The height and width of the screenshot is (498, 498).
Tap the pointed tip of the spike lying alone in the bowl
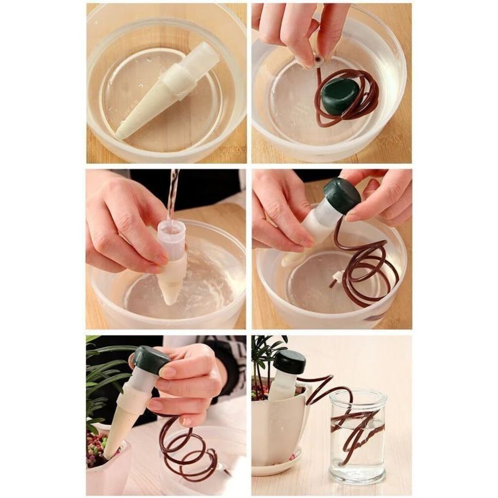coord(120,133)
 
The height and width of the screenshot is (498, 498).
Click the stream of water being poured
coord(172,193)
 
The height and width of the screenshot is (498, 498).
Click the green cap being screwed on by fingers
coord(341,195)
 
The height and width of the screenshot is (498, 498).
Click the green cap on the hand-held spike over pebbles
coord(150,360)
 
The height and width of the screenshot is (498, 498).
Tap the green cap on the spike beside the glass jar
coord(289,361)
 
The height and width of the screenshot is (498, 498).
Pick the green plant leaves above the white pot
coord(268,355)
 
